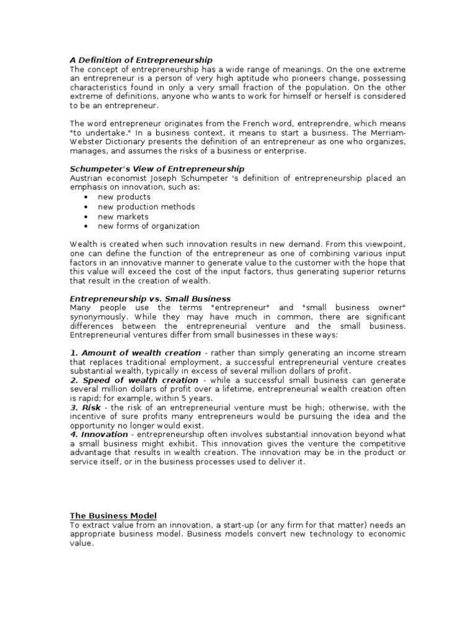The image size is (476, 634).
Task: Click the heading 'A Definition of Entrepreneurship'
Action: pyautogui.click(x=141, y=60)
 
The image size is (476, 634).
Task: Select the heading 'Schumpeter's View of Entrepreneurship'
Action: pyautogui.click(x=157, y=169)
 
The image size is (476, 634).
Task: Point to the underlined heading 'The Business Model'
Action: pyautogui.click(x=113, y=516)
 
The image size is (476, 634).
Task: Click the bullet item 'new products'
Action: pyautogui.click(x=124, y=197)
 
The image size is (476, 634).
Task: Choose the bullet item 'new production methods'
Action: pyautogui.click(x=146, y=207)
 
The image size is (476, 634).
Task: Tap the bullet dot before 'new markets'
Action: pyautogui.click(x=84, y=217)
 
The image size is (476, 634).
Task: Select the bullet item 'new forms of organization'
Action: pyautogui.click(x=149, y=226)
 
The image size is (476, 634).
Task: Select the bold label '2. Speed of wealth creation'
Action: pyautogui.click(x=134, y=380)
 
